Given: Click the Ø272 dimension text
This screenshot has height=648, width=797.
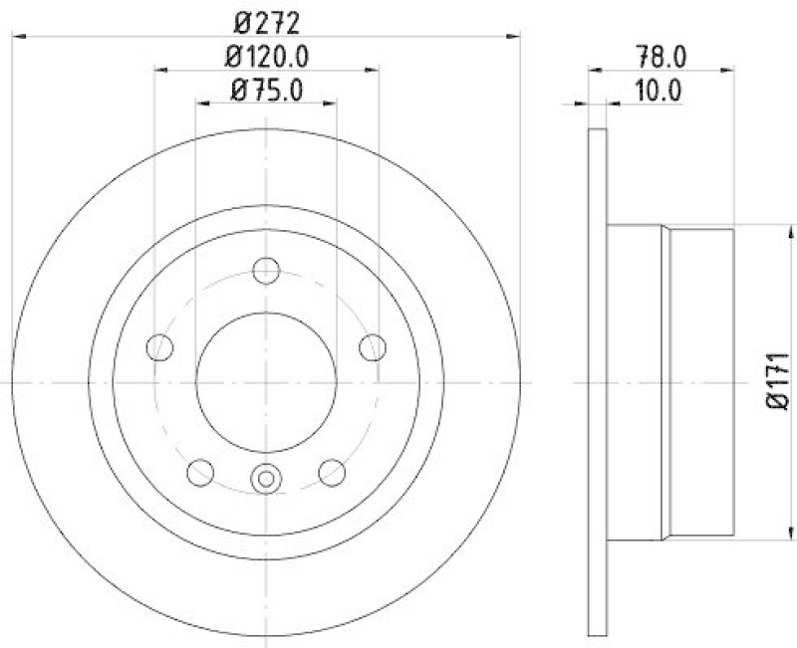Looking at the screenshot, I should (x=266, y=20).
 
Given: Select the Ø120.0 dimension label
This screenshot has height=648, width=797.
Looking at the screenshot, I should (x=266, y=56).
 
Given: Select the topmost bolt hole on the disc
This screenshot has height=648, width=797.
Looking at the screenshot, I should (x=266, y=270).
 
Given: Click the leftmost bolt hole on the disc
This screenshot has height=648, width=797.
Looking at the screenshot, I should (x=159, y=347).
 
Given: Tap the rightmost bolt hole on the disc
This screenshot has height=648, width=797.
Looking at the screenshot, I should (x=373, y=347).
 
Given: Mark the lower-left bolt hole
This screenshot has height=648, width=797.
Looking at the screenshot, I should (x=200, y=472).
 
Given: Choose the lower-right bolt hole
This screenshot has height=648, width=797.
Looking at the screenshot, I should (x=332, y=472).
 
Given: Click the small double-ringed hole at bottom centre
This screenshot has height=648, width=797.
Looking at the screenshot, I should (x=266, y=479).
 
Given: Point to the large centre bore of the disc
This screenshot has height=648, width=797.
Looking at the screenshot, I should (x=266, y=382).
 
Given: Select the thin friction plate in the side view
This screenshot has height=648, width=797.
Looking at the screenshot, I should (x=598, y=382).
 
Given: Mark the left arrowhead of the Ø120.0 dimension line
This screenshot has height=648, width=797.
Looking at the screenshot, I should (x=161, y=70).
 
